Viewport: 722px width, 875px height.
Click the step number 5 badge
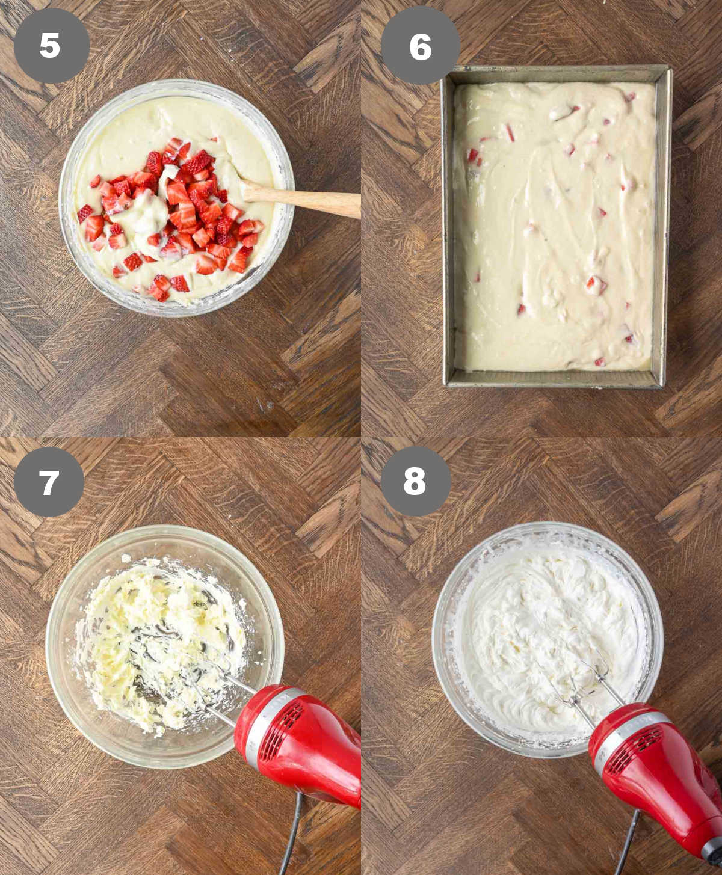pyautogui.click(x=51, y=45)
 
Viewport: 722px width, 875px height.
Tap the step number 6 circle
pyautogui.click(x=421, y=46)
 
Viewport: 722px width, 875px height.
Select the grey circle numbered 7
pyautogui.click(x=49, y=482)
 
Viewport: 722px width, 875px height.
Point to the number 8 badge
pyautogui.click(x=415, y=481)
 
